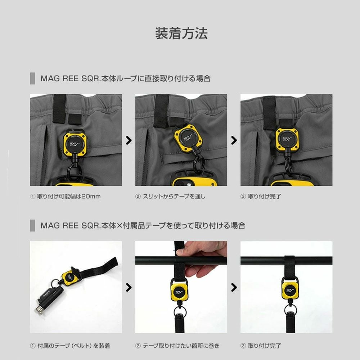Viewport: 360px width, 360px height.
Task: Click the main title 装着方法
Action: click(181, 33)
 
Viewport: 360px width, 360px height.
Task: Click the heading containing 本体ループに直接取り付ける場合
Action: click(125, 78)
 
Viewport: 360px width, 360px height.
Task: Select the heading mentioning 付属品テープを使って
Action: click(143, 225)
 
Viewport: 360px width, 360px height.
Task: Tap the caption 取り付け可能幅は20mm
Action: click(69, 196)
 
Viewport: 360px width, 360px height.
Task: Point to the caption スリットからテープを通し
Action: click(174, 196)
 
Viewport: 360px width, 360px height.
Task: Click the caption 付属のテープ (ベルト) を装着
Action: click(73, 346)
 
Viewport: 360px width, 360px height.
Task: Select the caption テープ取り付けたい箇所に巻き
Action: click(181, 346)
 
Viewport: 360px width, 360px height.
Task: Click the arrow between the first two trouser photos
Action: click(129, 140)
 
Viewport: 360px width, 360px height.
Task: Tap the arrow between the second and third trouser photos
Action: click(234, 140)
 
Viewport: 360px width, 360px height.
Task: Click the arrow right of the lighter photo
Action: click(129, 287)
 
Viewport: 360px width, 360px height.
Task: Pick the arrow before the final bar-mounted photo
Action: click(234, 287)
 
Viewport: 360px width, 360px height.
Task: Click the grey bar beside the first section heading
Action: click(33, 78)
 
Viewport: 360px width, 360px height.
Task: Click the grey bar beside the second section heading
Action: click(33, 225)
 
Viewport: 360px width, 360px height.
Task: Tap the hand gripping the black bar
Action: click(202, 258)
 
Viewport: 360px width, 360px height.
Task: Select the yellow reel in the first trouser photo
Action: click(75, 145)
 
